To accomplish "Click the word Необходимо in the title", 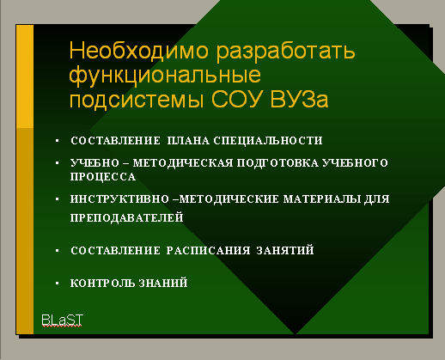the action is [x=139, y=51].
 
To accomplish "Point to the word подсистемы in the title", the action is [x=137, y=100].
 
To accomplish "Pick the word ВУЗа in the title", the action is [x=299, y=99].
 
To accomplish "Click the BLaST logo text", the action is [x=63, y=320].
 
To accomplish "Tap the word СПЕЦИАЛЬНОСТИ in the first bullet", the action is [x=268, y=141].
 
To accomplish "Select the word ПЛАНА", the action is [x=188, y=141].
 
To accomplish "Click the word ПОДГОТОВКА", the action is [x=277, y=163].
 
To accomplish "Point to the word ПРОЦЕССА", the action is [x=103, y=176].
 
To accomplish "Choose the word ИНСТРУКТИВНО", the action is [x=119, y=198].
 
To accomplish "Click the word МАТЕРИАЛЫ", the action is [x=322, y=198].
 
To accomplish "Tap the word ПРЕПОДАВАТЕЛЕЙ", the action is [x=127, y=217].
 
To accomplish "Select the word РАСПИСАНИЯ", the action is [x=208, y=250].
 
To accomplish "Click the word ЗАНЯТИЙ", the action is [x=285, y=250].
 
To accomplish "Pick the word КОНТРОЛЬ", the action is [x=102, y=283].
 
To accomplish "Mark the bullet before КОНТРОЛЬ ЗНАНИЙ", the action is [x=58, y=284].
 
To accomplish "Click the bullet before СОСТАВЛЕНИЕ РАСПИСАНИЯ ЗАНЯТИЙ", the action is [x=58, y=251].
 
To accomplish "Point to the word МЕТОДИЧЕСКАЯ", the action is [x=183, y=163].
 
